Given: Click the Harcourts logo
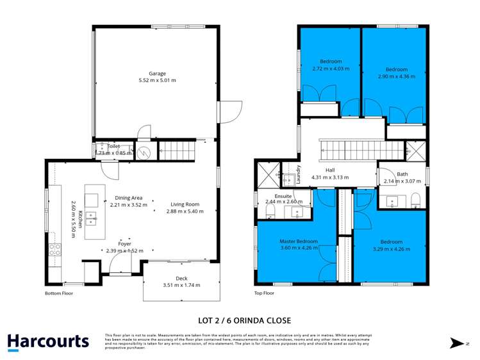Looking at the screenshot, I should pos(49,342).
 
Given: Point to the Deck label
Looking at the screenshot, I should pos(181,278).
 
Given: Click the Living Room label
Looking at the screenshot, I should pos(184,204).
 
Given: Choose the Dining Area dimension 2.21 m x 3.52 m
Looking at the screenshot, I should pos(128,206).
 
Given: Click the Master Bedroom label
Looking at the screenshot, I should pos(298,241).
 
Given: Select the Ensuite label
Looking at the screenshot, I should pos(283,195).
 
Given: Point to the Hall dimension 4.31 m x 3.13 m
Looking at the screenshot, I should pos(330,177).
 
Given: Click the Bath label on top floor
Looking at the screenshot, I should pos(402,174).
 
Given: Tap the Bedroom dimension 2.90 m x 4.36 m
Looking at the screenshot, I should pos(397,76).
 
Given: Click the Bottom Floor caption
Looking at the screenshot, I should pos(59,293).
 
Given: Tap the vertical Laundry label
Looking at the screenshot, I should pos(299,174).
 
